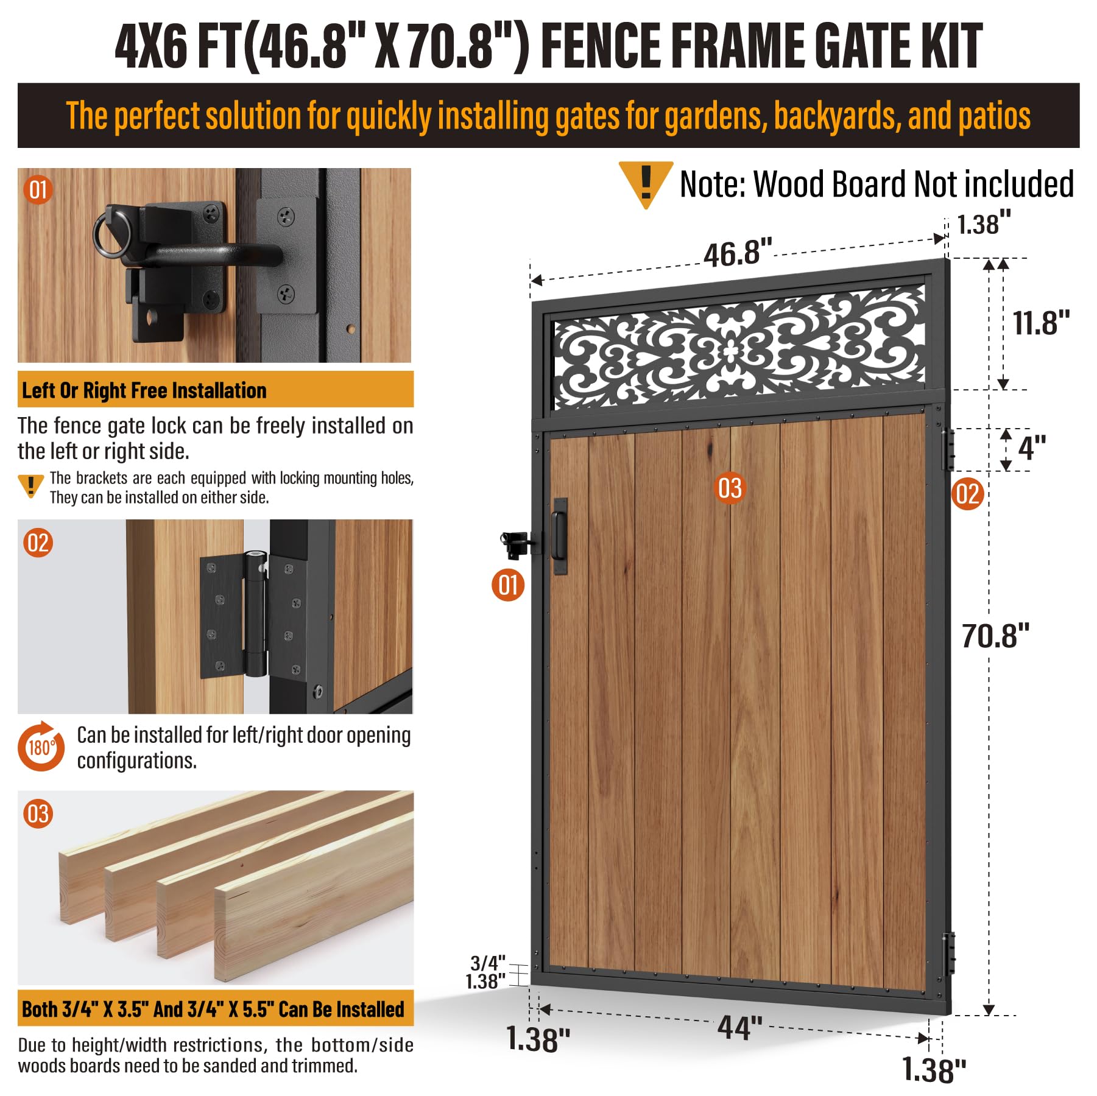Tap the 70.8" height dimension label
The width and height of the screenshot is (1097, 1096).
pyautogui.click(x=995, y=636)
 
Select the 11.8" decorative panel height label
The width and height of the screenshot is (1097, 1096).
pyautogui.click(x=1041, y=323)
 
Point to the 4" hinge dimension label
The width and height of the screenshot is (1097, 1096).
pyautogui.click(x=1032, y=448)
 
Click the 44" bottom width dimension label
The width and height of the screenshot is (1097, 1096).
pyautogui.click(x=740, y=1028)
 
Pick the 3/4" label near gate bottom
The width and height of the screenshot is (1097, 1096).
pyautogui.click(x=488, y=963)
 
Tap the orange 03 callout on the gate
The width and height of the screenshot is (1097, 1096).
pyautogui.click(x=730, y=488)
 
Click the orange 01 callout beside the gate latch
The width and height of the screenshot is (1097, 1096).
pyautogui.click(x=508, y=585)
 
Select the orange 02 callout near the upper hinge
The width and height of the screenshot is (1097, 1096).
pyautogui.click(x=968, y=494)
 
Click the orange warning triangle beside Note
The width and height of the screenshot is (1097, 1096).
pyautogui.click(x=646, y=183)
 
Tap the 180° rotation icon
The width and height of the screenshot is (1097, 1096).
pyautogui.click(x=41, y=746)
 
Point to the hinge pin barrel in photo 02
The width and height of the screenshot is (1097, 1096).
pyautogui.click(x=255, y=613)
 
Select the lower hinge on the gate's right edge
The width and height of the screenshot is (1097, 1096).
pyautogui.click(x=948, y=954)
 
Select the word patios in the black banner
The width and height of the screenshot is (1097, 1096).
pyautogui.click(x=994, y=116)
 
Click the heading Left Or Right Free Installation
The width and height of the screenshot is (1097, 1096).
pyautogui.click(x=144, y=390)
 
